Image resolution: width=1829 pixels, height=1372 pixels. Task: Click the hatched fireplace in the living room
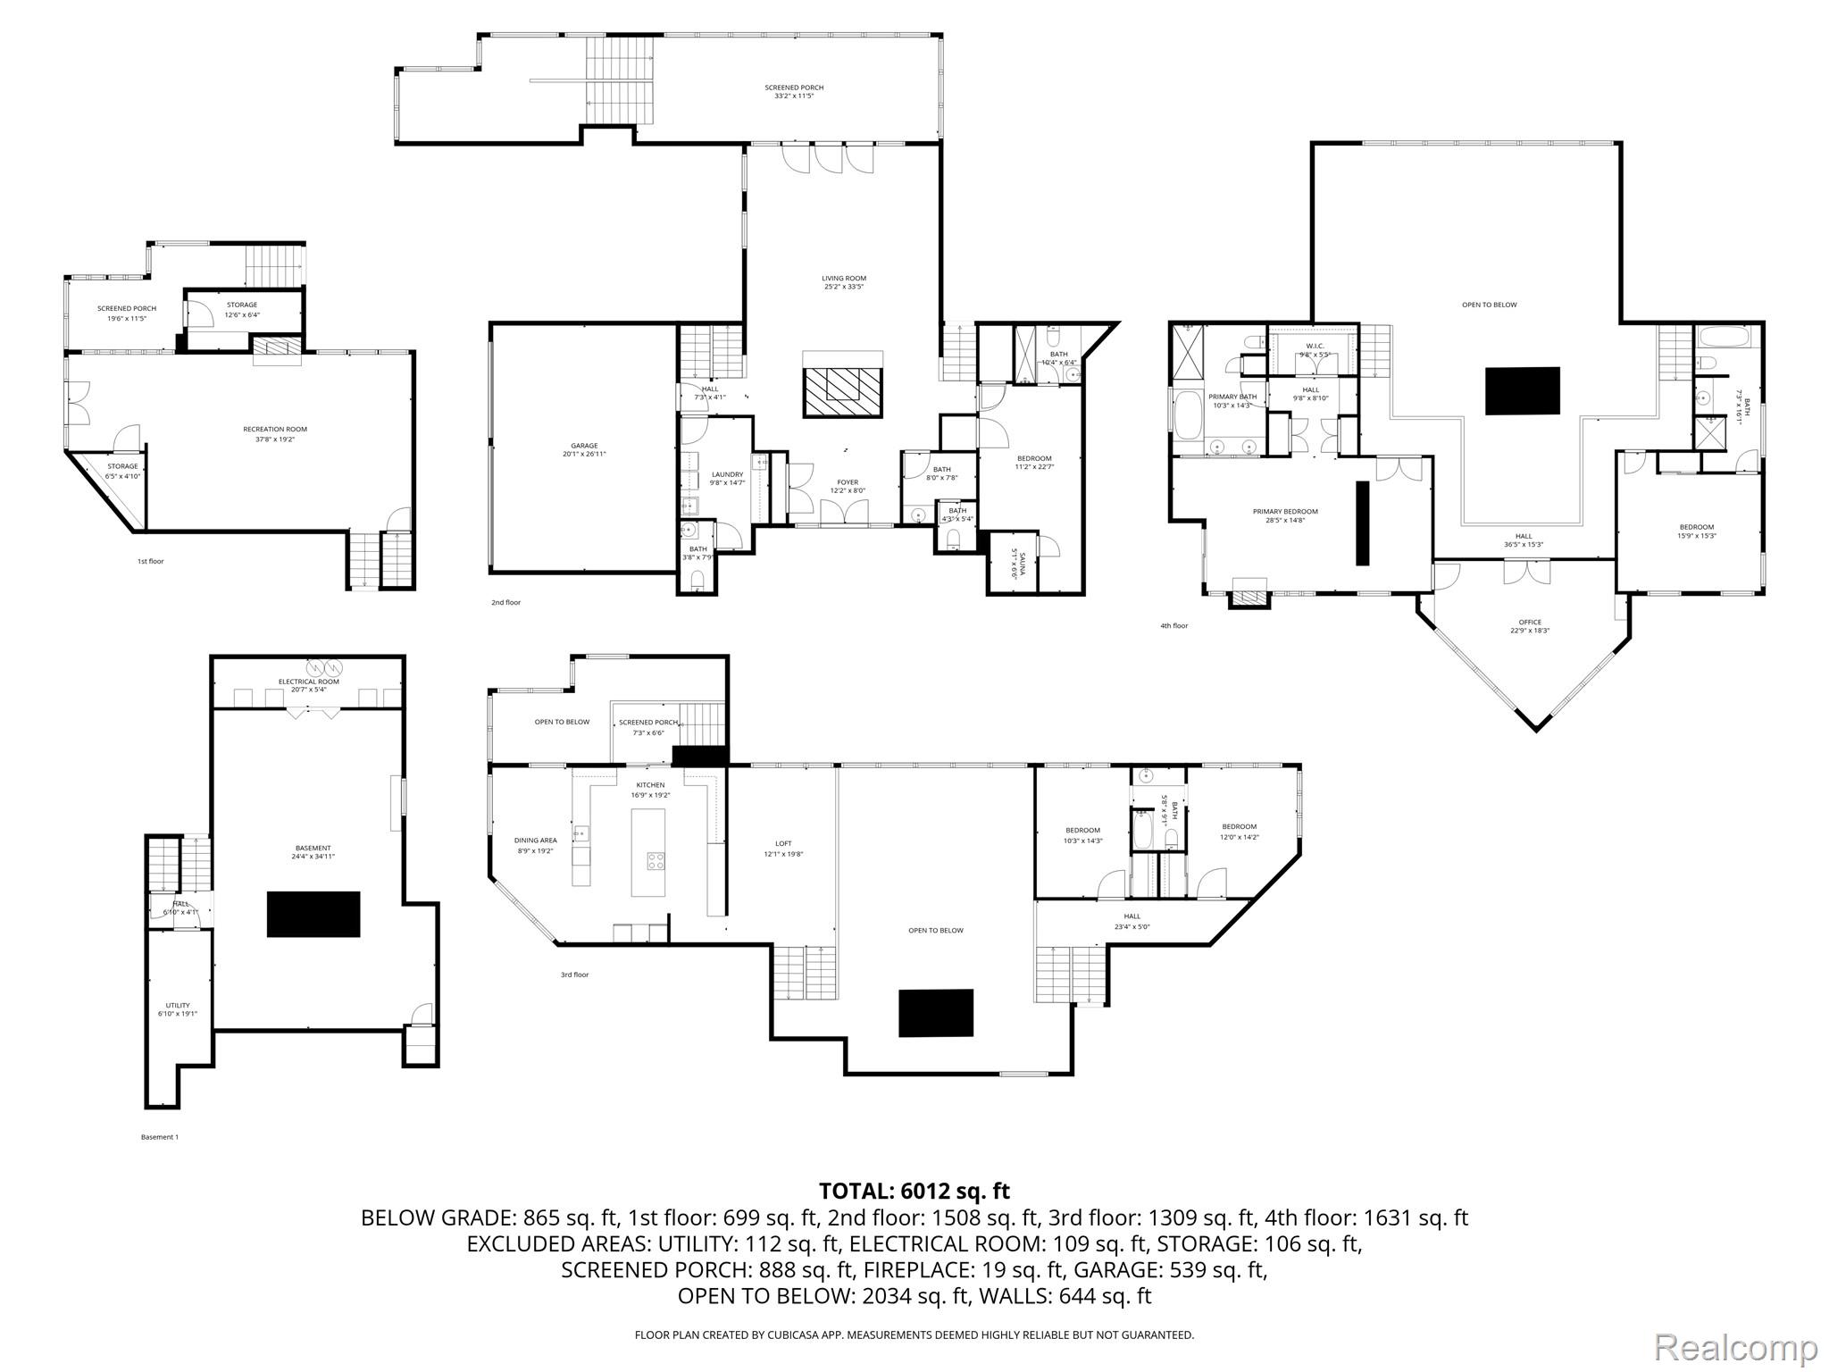coord(843,391)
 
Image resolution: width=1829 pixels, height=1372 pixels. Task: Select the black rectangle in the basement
coord(313,914)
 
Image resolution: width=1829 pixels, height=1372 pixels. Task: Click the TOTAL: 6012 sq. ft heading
coord(914,1191)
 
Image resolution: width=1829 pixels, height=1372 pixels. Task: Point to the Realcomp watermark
coord(1735,1346)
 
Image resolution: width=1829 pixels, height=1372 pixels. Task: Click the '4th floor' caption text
coord(1173,626)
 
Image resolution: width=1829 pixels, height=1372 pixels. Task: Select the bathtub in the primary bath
coord(1188,415)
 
